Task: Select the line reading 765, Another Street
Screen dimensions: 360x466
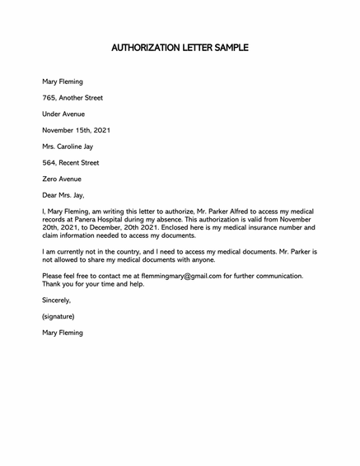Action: (72, 98)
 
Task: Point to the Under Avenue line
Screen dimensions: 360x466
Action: (63, 114)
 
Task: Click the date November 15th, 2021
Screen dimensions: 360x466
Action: (76, 130)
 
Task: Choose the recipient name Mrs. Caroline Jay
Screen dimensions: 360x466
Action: (73, 147)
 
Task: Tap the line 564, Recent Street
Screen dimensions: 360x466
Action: (71, 163)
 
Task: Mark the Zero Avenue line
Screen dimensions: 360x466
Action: (62, 179)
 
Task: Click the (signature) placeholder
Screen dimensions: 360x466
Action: (58, 316)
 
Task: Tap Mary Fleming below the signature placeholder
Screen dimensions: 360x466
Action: (63, 333)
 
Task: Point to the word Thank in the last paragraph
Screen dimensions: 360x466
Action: (53, 284)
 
